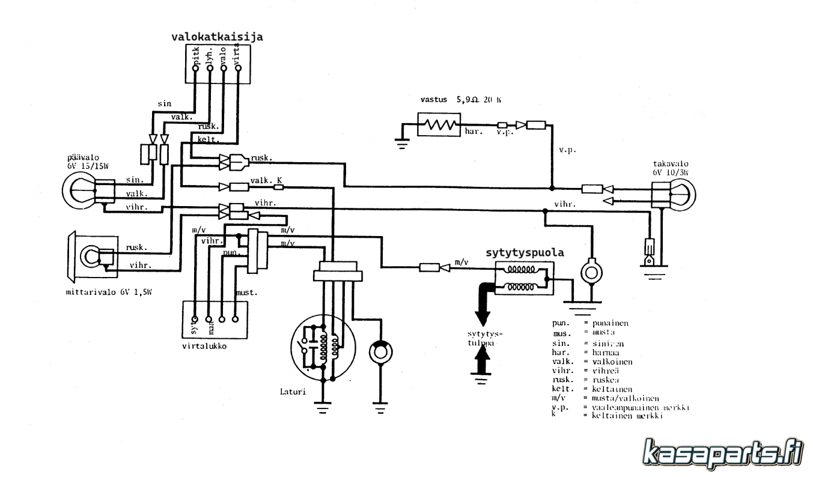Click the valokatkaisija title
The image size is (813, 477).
pyautogui.click(x=217, y=37)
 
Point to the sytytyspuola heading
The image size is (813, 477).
pyautogui.click(x=525, y=253)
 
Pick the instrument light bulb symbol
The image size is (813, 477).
pyautogui.click(x=90, y=257)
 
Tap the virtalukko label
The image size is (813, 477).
pyautogui.click(x=203, y=347)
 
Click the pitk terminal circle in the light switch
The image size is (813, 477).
pyautogui.click(x=195, y=68)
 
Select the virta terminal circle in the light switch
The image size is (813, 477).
pyautogui.click(x=239, y=68)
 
